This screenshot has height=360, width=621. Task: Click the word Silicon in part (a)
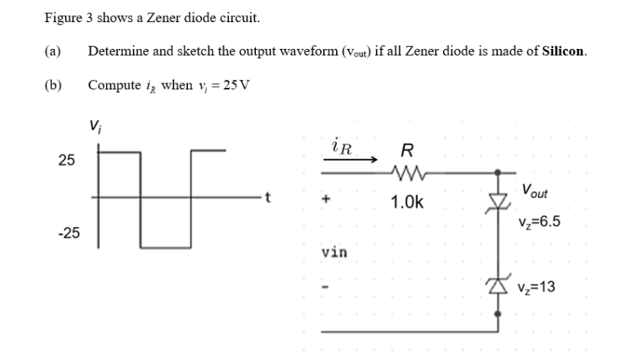click(564, 52)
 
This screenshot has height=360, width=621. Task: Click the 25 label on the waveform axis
click(68, 161)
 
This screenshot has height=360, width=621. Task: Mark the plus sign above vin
click(326, 200)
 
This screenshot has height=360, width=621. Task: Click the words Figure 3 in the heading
click(68, 17)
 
